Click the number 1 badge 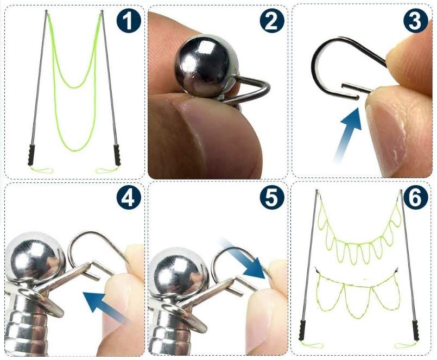pyautogui.click(x=129, y=21)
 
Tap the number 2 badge pyautogui.click(x=272, y=21)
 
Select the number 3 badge pyautogui.click(x=415, y=21)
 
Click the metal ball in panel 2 pyautogui.click(x=206, y=66)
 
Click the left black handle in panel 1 pyautogui.click(x=31, y=155)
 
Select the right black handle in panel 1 pyautogui.click(x=117, y=155)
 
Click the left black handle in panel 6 pyautogui.click(x=303, y=330)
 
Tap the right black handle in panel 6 pyautogui.click(x=415, y=331)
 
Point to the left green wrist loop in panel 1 pyautogui.click(x=41, y=169)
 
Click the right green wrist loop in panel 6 pyautogui.click(x=406, y=345)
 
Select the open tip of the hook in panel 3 pyautogui.click(x=358, y=98)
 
